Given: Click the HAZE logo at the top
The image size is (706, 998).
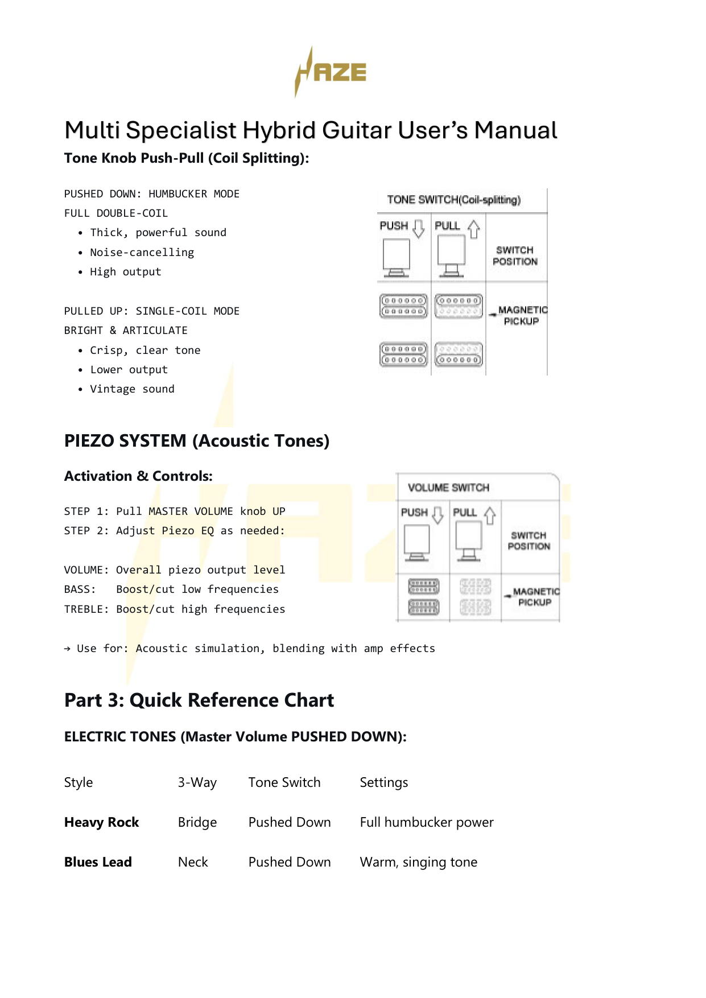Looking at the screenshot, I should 331,72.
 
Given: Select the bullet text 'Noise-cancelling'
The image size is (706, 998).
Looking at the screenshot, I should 142,252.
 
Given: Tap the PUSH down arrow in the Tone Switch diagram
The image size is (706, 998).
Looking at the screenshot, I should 419,228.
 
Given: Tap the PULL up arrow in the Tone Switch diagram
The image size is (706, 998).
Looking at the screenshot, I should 473,229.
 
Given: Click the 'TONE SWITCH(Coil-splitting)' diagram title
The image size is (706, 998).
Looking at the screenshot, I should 453,200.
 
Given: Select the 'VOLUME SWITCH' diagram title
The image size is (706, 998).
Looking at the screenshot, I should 448,488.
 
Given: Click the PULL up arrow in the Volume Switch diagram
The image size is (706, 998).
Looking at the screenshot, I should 490,515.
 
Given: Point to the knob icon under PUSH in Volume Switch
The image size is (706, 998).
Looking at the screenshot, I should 417,543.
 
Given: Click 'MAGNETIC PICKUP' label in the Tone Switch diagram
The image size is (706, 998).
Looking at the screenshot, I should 522,315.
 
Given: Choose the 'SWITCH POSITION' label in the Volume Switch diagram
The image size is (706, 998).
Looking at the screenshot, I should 529,541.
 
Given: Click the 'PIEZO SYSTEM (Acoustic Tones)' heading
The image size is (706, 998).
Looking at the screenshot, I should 197,440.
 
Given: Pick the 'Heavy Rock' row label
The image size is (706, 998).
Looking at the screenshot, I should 101,822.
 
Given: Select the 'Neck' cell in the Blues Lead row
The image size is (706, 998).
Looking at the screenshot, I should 193,862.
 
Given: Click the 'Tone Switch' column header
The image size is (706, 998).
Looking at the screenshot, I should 284,782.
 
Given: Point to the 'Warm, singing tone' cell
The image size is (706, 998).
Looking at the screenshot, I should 418,862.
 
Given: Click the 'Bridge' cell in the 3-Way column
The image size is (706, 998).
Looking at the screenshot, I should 197,822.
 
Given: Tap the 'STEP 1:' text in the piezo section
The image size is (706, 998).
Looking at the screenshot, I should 86,511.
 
